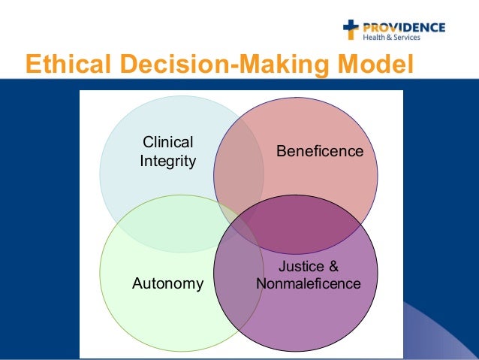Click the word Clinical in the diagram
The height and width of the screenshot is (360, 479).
[x=167, y=143]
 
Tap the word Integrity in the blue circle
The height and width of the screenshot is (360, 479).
[x=167, y=161]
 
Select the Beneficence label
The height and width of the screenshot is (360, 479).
[x=320, y=152]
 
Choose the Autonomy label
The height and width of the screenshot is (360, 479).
[x=167, y=284]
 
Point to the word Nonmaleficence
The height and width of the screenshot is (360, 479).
[x=309, y=284]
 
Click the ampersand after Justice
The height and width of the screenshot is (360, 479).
[x=333, y=267]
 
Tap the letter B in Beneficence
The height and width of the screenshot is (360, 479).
[x=281, y=152]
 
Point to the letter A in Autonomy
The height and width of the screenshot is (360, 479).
[x=137, y=284]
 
